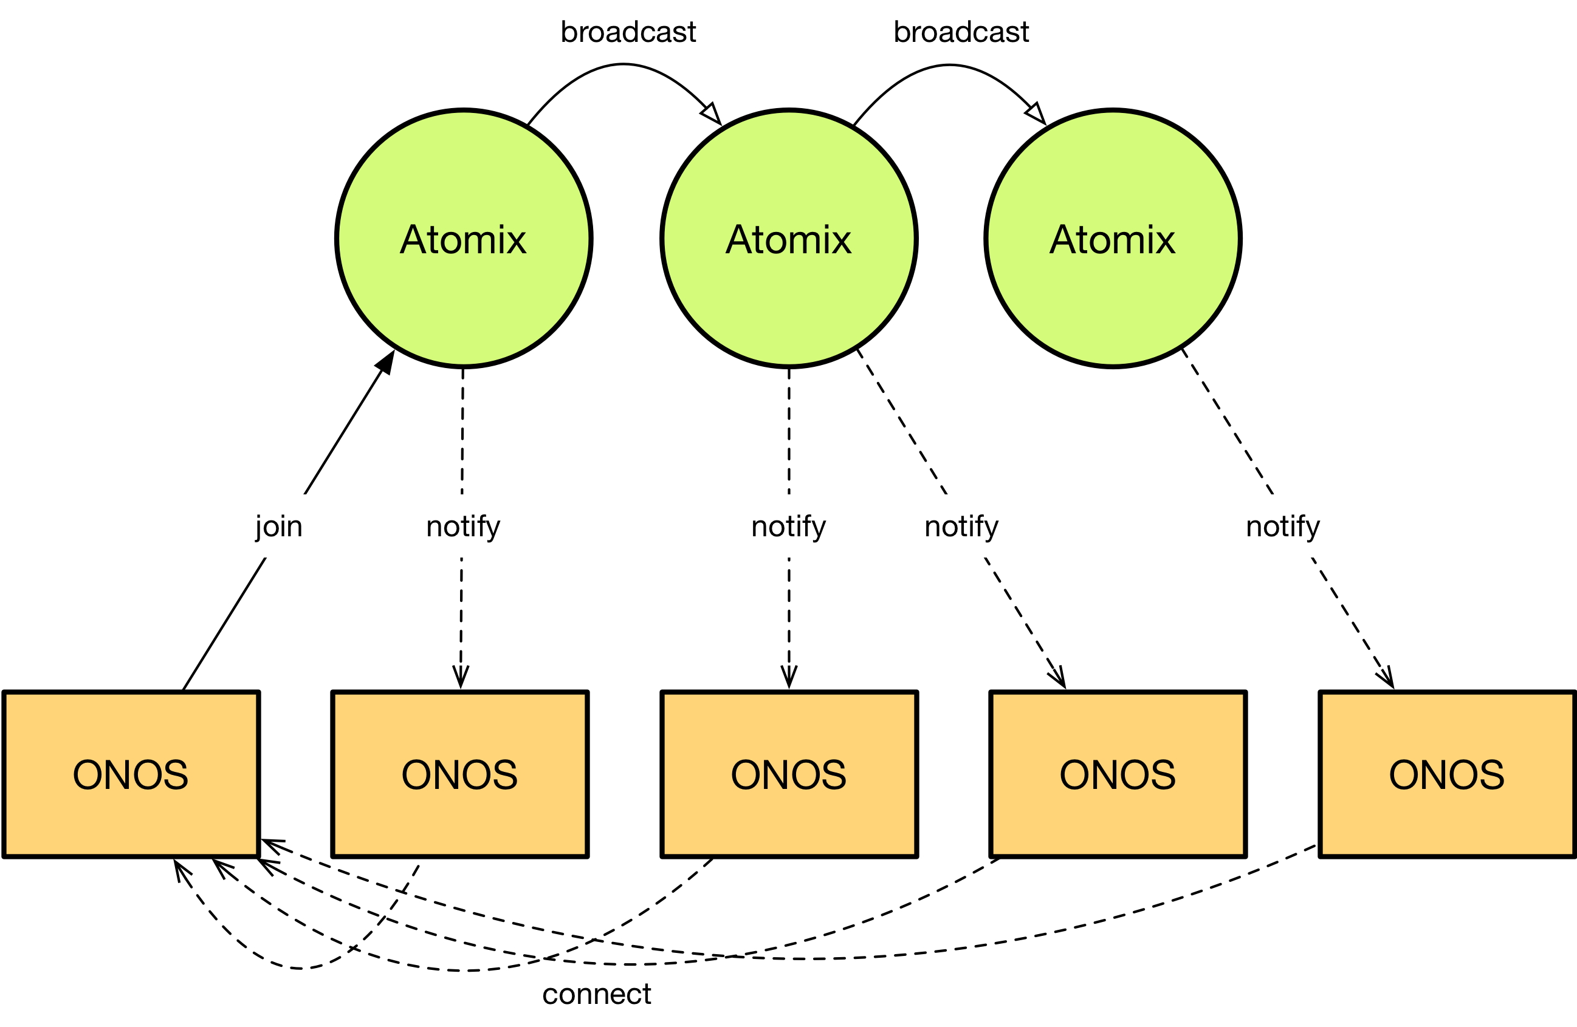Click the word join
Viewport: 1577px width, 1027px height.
click(x=279, y=527)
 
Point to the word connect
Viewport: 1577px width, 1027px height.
click(x=596, y=994)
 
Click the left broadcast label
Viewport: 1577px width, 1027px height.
click(x=628, y=32)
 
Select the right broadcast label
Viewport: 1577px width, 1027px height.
click(x=961, y=32)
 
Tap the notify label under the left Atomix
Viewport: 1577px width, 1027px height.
click(x=463, y=527)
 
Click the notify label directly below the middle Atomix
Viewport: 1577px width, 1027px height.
click(x=789, y=527)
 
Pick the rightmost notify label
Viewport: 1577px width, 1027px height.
click(x=1283, y=527)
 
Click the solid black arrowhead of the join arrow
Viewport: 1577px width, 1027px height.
click(x=387, y=362)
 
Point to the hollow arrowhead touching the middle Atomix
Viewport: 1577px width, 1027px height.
click(x=712, y=114)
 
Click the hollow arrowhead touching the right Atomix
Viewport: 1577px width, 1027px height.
click(x=1036, y=114)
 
